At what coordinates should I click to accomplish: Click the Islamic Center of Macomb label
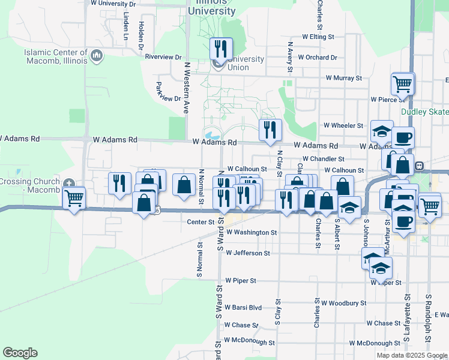(56, 56)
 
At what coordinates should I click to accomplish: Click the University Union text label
(246, 63)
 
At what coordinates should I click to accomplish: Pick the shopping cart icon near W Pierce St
(402, 83)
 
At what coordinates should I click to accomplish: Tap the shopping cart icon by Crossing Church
(74, 197)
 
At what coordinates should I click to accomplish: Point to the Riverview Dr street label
(163, 57)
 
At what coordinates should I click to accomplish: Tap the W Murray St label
(344, 78)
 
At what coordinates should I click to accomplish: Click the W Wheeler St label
(343, 126)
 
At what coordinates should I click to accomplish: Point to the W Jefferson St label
(248, 253)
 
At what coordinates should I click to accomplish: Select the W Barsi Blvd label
(243, 307)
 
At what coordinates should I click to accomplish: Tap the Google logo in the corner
(20, 353)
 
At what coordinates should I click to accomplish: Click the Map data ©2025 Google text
(411, 355)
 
